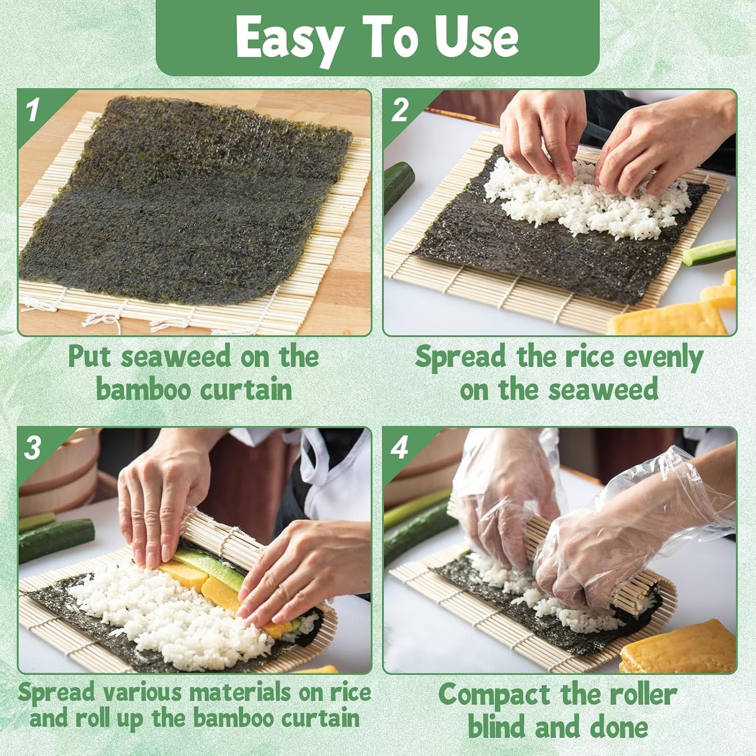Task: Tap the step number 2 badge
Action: click(x=400, y=110)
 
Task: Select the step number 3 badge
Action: click(x=32, y=448)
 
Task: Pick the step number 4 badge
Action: click(x=399, y=448)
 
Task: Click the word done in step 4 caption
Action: click(x=619, y=728)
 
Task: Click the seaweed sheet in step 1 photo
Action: click(x=183, y=204)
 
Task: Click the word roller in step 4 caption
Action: click(x=644, y=695)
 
